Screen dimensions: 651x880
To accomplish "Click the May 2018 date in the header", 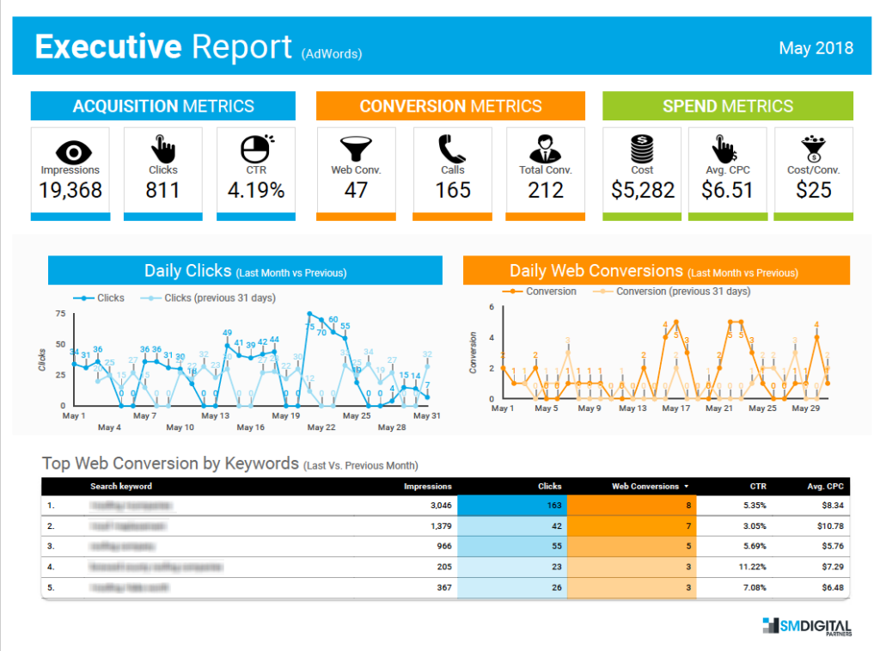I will coord(816,47).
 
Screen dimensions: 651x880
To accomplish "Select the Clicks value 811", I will coord(163,190).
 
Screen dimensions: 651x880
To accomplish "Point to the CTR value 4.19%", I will coord(256,190).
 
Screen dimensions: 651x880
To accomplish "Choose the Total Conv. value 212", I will coord(545,190).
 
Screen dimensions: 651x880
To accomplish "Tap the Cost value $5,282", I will coord(643,190).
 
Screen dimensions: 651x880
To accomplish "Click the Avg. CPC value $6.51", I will coord(728,190).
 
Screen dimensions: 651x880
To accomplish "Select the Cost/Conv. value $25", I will coord(814,190).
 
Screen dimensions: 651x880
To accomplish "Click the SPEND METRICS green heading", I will coord(728,107).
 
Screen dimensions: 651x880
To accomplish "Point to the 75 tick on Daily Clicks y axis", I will coord(60,314).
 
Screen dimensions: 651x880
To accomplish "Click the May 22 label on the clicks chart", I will coord(321,427).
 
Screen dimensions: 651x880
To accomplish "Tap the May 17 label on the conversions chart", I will coord(675,408).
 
